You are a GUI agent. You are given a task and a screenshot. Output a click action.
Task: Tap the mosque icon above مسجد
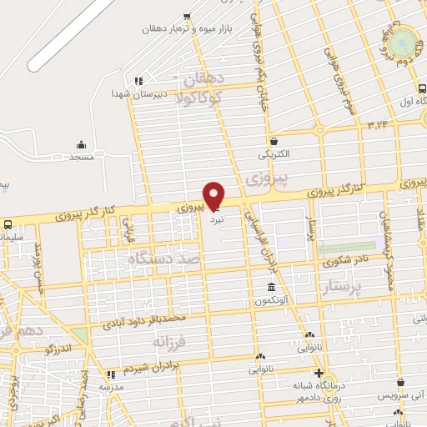pyautogui.click(x=81, y=144)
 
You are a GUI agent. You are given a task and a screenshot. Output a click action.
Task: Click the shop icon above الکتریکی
pyautogui.click(x=274, y=142)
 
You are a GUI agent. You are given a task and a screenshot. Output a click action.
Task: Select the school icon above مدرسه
pyautogui.click(x=111, y=374)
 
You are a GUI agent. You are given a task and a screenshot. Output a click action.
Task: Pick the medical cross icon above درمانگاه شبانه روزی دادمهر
pyautogui.click(x=317, y=373)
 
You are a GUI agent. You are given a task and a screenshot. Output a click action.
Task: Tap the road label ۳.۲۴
pyautogui.click(x=377, y=123)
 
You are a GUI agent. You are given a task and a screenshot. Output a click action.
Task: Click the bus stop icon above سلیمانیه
pyautogui.click(x=8, y=224)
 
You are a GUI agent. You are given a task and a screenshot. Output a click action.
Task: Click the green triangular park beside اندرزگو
pyautogui.click(x=80, y=335)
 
